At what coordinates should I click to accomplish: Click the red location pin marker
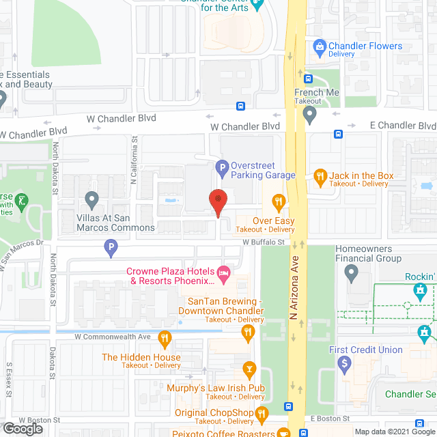(217, 201)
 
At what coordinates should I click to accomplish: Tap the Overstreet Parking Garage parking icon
(221, 167)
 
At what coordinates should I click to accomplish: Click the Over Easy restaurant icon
(278, 201)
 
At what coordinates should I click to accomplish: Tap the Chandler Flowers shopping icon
(318, 47)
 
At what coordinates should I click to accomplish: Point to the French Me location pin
(311, 113)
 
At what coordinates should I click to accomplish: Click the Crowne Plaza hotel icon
(223, 273)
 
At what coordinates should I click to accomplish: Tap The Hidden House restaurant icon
(164, 338)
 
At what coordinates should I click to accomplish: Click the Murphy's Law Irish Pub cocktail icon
(251, 371)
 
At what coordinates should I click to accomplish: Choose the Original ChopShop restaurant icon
(261, 413)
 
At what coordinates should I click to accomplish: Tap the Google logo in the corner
(23, 428)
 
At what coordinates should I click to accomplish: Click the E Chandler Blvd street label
(402, 126)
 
